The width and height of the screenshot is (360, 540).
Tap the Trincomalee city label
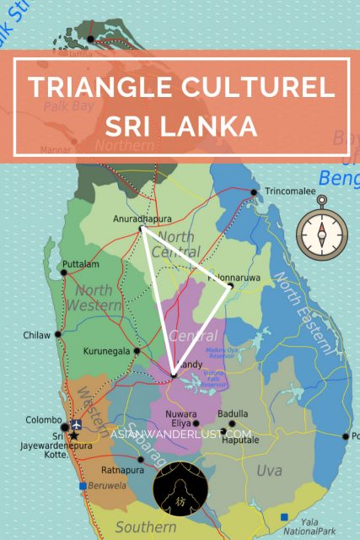(x=292, y=192)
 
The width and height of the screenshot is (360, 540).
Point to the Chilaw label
(x=38, y=334)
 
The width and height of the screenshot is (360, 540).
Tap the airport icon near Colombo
(x=78, y=424)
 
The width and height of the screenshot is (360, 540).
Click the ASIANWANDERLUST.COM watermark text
(x=181, y=434)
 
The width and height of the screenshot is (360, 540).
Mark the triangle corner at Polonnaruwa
(x=228, y=286)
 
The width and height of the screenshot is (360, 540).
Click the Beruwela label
(x=110, y=486)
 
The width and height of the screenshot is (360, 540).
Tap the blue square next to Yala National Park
(x=287, y=516)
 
